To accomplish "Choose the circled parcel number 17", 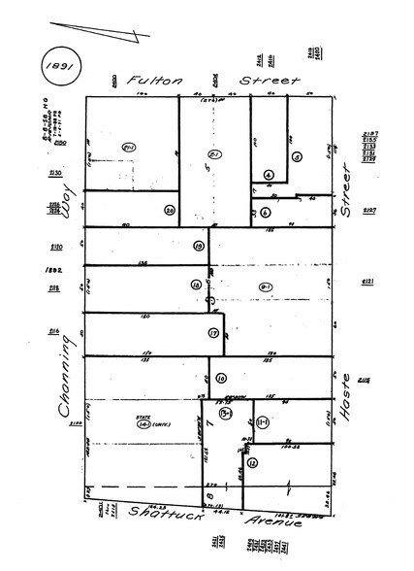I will tap(212, 333).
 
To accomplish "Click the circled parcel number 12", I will tap(252, 463).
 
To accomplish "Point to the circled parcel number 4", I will tap(269, 175).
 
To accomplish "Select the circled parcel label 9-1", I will tap(264, 285).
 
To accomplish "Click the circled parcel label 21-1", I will tap(126, 145).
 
